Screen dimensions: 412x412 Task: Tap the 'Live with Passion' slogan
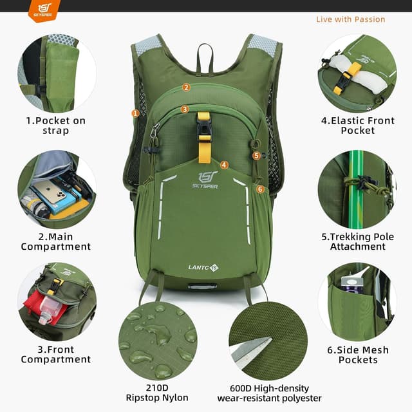click(350, 19)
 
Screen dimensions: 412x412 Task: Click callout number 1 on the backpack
click(135, 113)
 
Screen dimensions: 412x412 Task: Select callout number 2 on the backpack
click(186, 88)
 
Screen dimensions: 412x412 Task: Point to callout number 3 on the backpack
click(185, 109)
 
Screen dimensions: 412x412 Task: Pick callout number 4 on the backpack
click(224, 165)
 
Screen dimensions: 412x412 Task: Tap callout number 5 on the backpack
click(256, 155)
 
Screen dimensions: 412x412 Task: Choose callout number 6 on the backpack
click(260, 189)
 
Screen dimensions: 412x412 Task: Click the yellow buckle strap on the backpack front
click(204, 136)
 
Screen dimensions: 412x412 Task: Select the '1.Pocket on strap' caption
click(55, 126)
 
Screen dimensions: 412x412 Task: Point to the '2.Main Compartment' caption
click(55, 241)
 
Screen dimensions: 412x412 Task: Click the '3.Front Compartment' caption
click(55, 355)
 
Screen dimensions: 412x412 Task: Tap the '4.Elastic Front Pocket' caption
click(357, 125)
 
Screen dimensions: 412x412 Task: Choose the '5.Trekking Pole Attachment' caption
click(357, 241)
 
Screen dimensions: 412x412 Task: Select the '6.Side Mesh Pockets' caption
click(357, 355)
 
